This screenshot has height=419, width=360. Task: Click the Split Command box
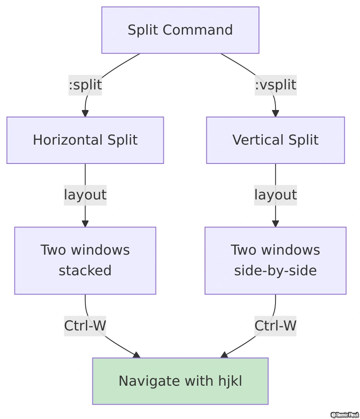(180, 30)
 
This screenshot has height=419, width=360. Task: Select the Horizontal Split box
(85, 140)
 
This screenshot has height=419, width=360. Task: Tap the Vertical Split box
(275, 140)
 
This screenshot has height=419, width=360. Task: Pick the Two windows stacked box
(85, 260)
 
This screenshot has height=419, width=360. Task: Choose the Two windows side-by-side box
(275, 260)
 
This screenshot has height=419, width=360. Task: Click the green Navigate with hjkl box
(180, 381)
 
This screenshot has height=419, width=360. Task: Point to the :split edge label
(85, 85)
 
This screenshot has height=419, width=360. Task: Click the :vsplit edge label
(275, 85)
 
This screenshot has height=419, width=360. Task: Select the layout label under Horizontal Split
(85, 195)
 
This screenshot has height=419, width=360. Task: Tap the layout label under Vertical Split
(275, 195)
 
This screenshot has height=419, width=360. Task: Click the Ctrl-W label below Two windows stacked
(85, 326)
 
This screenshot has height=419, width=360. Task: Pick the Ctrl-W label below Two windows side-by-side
(275, 326)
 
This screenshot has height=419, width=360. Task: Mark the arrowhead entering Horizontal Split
(85, 114)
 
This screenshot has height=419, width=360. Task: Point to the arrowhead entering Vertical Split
(275, 114)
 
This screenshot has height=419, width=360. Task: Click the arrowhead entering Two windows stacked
(85, 224)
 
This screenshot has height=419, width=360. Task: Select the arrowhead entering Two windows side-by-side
(275, 224)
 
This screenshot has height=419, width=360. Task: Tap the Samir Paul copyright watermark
(344, 415)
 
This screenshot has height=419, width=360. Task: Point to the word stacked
(85, 271)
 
